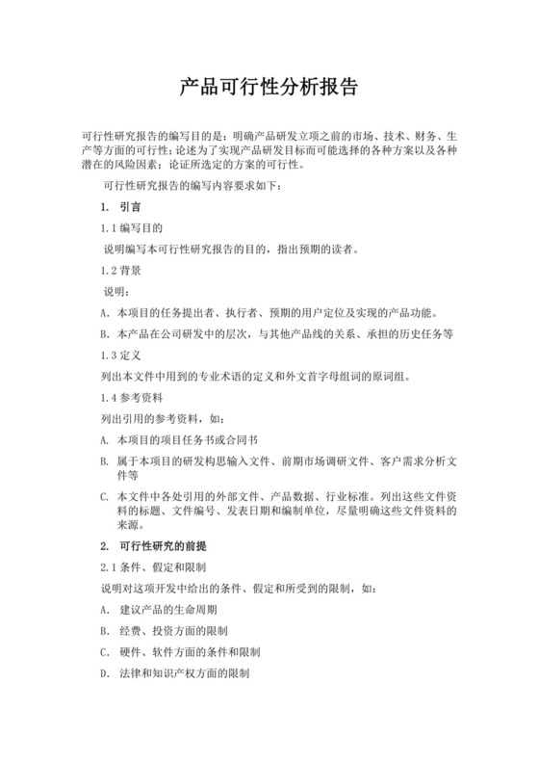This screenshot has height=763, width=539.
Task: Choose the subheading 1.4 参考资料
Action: click(x=132, y=396)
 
